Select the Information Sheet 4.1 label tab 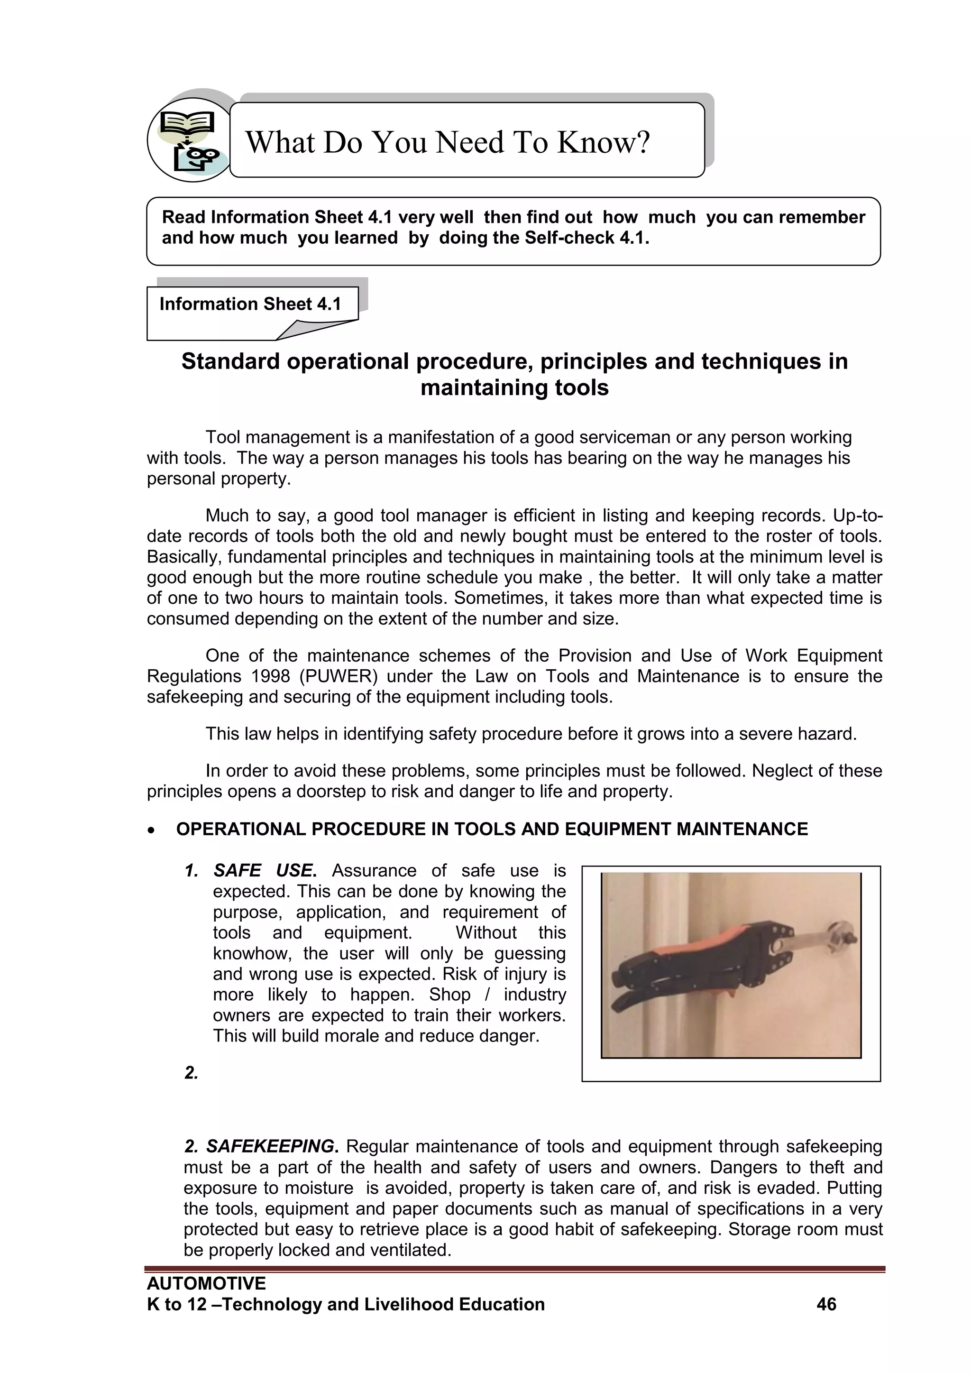point(250,304)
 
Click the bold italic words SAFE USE point(264,871)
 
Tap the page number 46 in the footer point(826,1304)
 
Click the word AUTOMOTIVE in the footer point(206,1283)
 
